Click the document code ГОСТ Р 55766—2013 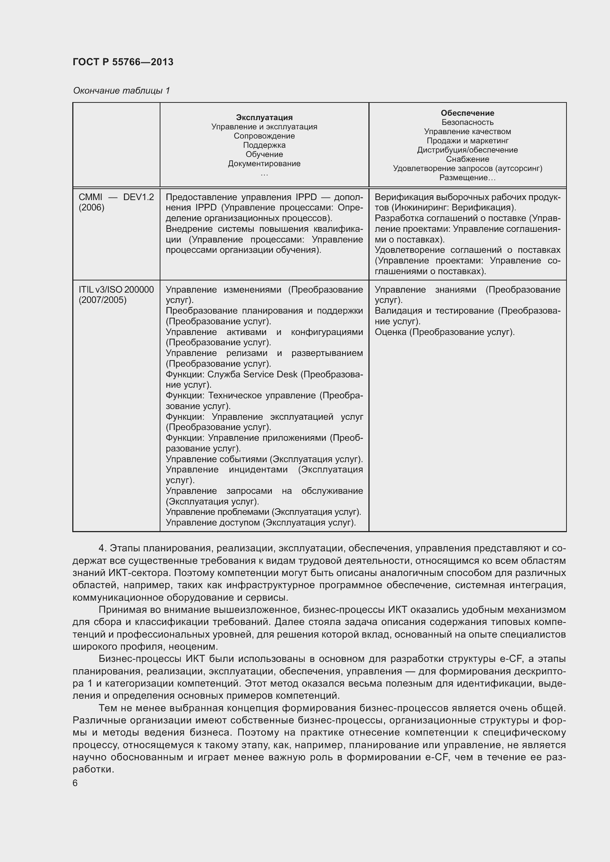[123, 62]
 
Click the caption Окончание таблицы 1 [121, 91]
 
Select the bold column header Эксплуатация [264, 118]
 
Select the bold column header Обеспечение [467, 113]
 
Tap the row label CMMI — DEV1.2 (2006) [116, 202]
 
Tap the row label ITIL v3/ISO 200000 [116, 289]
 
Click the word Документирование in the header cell [264, 164]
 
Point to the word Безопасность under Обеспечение [467, 122]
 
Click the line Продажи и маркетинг [467, 141]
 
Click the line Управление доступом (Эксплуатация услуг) [261, 523]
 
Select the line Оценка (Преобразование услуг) [444, 332]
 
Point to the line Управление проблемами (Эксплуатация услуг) [263, 512]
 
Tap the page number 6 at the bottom [75, 783]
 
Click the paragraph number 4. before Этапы [103, 548]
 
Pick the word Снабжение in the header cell [467, 159]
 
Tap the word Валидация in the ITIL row [396, 311]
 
